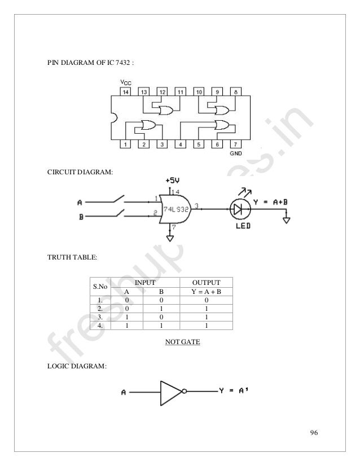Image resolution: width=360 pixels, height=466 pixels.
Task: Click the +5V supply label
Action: (173, 180)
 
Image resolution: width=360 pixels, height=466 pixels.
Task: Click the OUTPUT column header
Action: (207, 282)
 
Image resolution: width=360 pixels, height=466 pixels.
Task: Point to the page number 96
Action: (314, 433)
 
